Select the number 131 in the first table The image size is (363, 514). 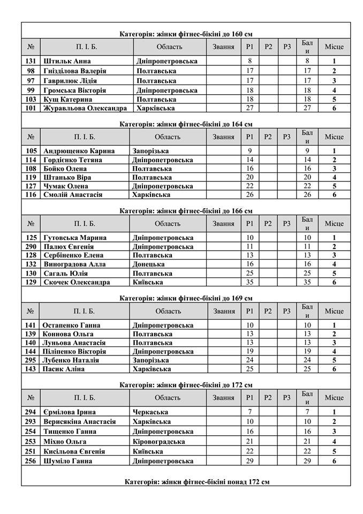click(x=31, y=62)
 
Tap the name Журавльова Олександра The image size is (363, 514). click(x=85, y=108)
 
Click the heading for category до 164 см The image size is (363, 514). click(x=186, y=124)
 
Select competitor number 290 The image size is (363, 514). click(x=31, y=246)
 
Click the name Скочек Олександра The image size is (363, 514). click(x=77, y=282)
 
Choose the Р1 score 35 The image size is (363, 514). click(x=249, y=282)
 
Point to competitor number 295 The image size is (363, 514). click(x=31, y=360)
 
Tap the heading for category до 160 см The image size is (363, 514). click(x=186, y=34)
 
